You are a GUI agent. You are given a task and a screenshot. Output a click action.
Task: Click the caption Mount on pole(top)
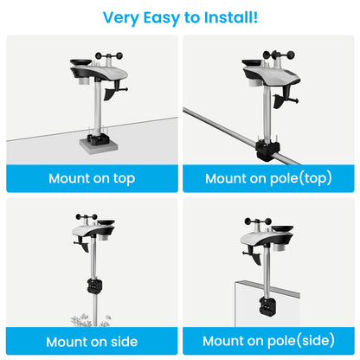268,178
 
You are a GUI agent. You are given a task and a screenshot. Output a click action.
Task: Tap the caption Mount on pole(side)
268,340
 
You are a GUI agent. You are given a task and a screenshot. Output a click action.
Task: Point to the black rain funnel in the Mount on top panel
78,63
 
